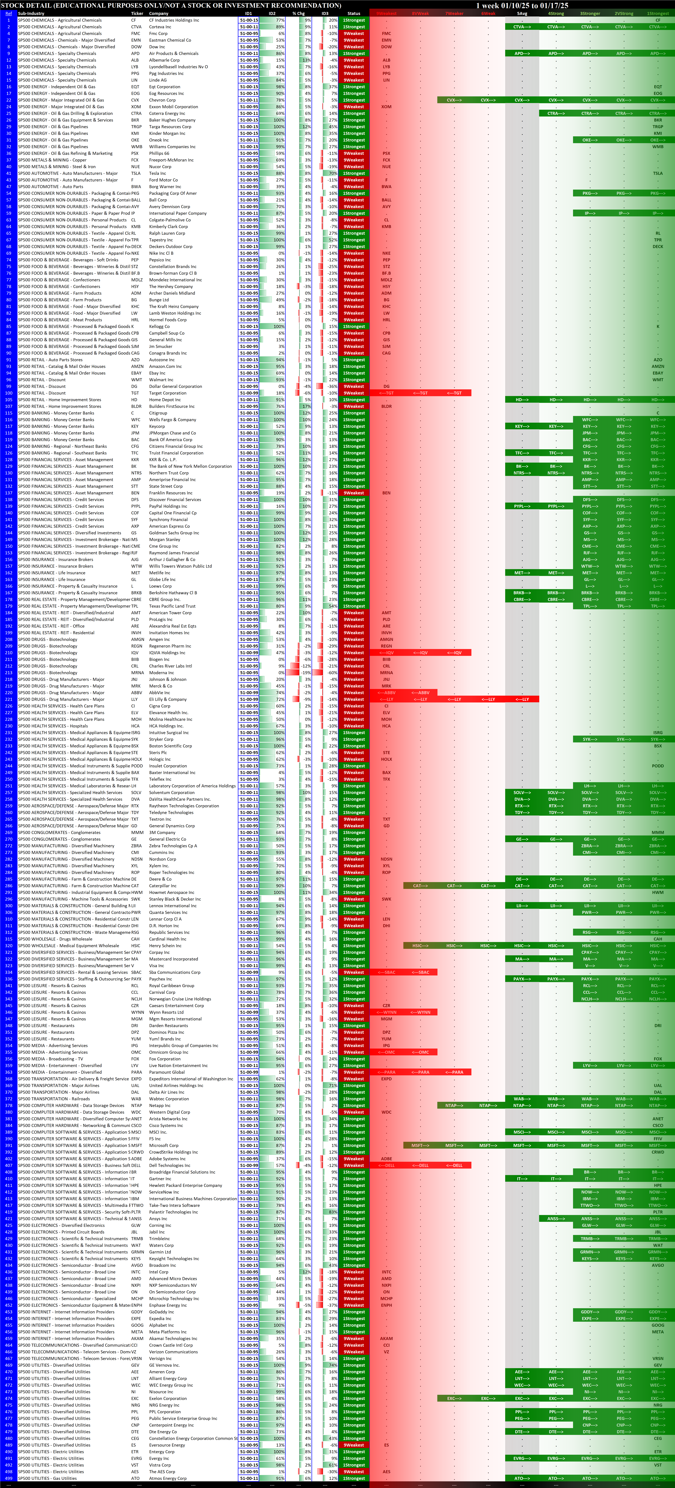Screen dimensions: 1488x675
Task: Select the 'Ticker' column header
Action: click(137, 13)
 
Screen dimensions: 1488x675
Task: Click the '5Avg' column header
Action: click(522, 13)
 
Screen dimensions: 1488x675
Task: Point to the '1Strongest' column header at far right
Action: click(658, 13)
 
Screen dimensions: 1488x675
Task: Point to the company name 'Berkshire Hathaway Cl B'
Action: click(173, 593)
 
